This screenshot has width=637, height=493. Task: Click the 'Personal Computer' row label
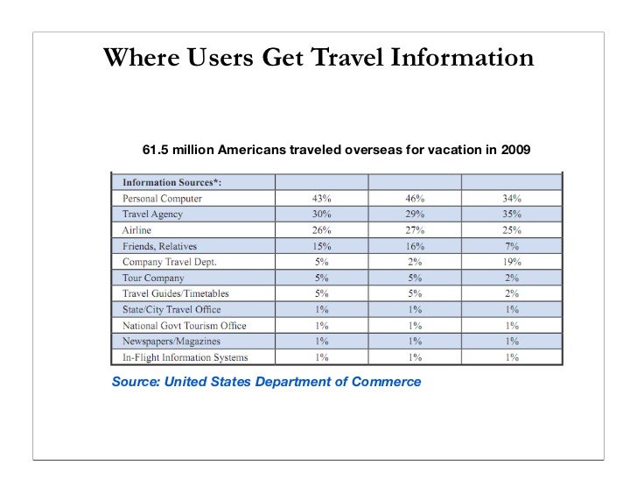click(x=162, y=199)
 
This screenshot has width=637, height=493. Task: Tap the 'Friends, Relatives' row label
click(x=160, y=246)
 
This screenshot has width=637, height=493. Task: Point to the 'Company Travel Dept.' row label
click(x=169, y=262)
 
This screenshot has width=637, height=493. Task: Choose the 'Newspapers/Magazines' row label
click(x=171, y=341)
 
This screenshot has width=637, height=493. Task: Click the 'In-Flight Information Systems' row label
click(x=185, y=356)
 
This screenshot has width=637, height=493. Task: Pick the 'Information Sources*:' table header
click(x=171, y=183)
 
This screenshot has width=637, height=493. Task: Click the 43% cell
click(x=321, y=199)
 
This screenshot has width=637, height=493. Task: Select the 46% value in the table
click(x=414, y=199)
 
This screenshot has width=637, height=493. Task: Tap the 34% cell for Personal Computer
click(x=512, y=199)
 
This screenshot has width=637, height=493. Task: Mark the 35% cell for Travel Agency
click(x=512, y=215)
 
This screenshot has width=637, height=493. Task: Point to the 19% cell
click(x=512, y=262)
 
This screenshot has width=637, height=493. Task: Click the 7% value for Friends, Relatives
click(x=512, y=246)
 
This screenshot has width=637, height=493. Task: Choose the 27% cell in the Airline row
click(x=414, y=230)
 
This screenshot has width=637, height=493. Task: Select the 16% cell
click(x=414, y=246)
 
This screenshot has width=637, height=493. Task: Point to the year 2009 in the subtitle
click(x=515, y=150)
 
